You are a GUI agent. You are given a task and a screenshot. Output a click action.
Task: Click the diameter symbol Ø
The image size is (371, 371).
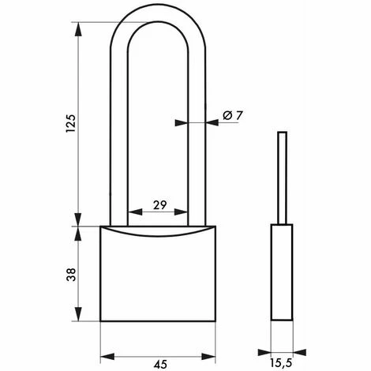click(x=227, y=116)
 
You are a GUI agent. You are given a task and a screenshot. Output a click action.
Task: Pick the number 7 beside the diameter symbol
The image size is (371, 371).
click(x=239, y=116)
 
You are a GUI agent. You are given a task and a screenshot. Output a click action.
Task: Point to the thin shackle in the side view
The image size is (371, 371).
click(x=281, y=178)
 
